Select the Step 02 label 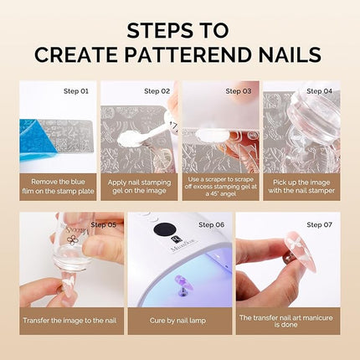click(x=157, y=90)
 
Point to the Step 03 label click(x=237, y=90)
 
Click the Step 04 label click(x=319, y=90)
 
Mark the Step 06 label click(x=213, y=224)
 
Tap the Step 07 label click(x=320, y=224)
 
